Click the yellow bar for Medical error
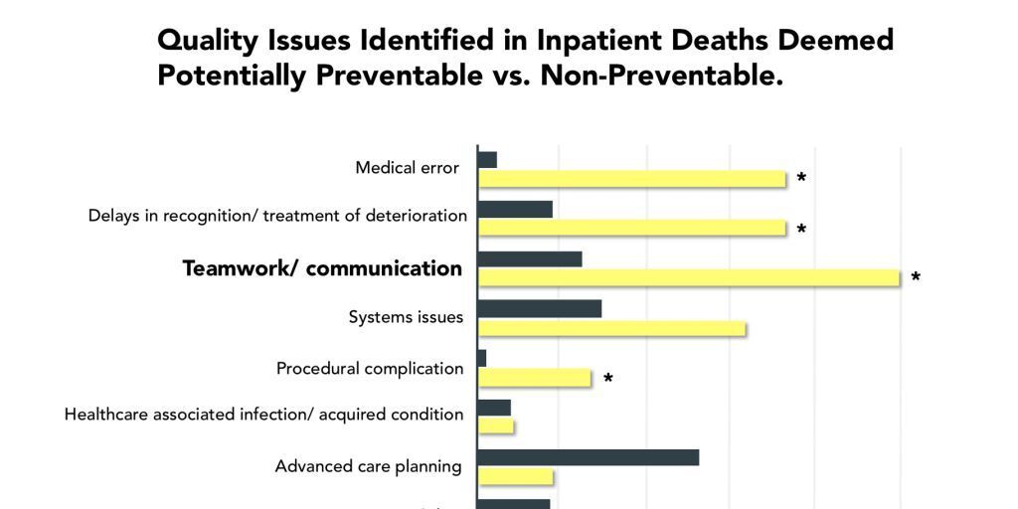pyautogui.click(x=631, y=179)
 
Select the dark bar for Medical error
pyautogui.click(x=487, y=159)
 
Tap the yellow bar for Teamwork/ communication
pyautogui.click(x=688, y=278)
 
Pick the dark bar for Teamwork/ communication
pyautogui.click(x=530, y=258)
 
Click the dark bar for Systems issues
pyautogui.click(x=540, y=308)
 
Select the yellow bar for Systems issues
pyautogui.click(x=611, y=328)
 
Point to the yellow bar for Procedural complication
pyautogui.click(x=535, y=378)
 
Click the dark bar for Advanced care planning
pyautogui.click(x=589, y=457)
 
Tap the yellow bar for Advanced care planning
pyautogui.click(x=516, y=476)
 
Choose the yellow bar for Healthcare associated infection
pyautogui.click(x=496, y=425)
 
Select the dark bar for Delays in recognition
pyautogui.click(x=515, y=209)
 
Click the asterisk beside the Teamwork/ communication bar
pyautogui.click(x=916, y=278)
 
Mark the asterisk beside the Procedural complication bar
pyautogui.click(x=608, y=379)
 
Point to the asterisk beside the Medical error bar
pyautogui.click(x=801, y=179)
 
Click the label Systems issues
pyautogui.click(x=406, y=317)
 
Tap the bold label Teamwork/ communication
pyautogui.click(x=322, y=268)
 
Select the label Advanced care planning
pyautogui.click(x=368, y=466)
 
